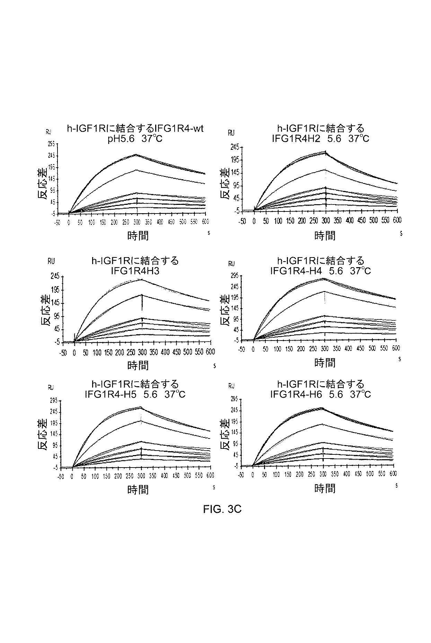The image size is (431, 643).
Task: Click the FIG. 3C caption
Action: coord(222,509)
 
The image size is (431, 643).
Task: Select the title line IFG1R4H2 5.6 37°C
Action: coord(320,139)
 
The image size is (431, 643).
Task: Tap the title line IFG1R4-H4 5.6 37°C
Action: coord(320,271)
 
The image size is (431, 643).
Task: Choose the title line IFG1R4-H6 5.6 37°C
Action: coord(320,394)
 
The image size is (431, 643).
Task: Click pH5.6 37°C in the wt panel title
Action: coord(135,139)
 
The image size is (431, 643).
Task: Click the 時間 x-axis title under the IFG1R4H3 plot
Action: coord(138,365)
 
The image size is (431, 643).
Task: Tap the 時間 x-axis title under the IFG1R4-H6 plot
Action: coord(325,489)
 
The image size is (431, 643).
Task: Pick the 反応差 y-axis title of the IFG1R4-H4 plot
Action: coord(225,310)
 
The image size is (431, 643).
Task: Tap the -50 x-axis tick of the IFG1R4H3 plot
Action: coord(63,353)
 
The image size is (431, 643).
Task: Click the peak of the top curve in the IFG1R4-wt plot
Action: coord(137,154)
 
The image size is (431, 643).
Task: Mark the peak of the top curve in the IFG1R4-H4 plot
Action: coord(324,278)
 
